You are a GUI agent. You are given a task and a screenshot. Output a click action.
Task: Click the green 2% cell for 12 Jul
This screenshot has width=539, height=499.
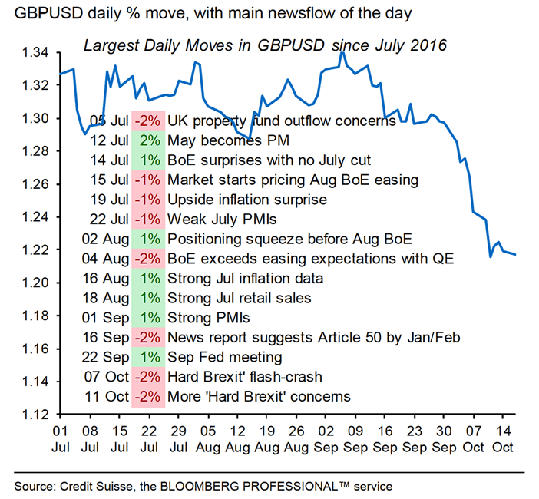click(x=149, y=140)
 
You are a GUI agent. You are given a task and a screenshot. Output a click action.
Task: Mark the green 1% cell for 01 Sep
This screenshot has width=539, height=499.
click(x=149, y=318)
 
